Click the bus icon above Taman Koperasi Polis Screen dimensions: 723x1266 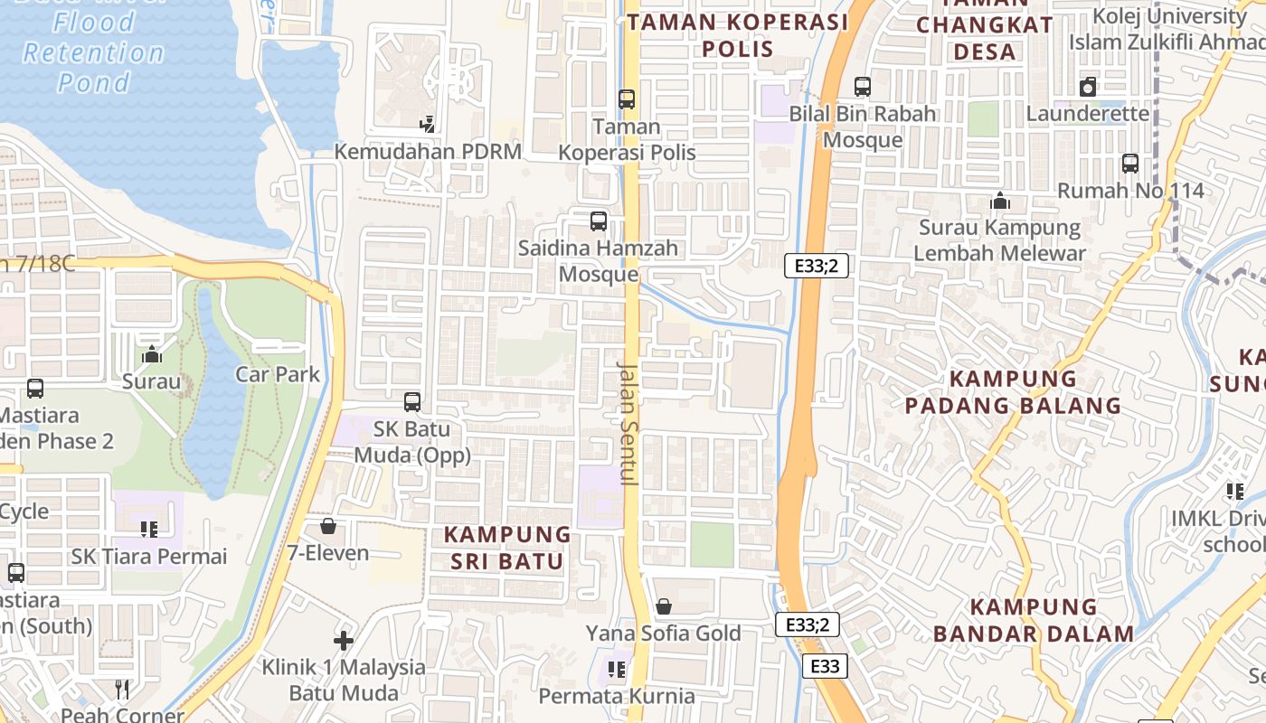[x=627, y=99]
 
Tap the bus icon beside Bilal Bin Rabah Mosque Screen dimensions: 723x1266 [x=863, y=87]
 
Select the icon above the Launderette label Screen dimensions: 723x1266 [x=1088, y=87]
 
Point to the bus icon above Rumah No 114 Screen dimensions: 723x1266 [x=1130, y=164]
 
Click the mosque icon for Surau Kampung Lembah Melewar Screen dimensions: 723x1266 [x=1000, y=201]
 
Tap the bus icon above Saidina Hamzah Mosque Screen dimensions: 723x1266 [x=598, y=221]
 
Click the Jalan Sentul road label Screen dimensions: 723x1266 [x=628, y=424]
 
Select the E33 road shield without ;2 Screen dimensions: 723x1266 [x=825, y=666]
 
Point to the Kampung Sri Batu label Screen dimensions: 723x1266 [x=507, y=548]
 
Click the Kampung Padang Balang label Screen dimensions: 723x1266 [x=1013, y=392]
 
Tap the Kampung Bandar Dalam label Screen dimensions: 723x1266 [x=1033, y=620]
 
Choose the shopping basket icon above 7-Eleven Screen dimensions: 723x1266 [x=328, y=526]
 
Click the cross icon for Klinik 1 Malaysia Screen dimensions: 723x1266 [x=344, y=641]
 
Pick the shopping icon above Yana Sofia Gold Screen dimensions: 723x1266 [x=664, y=606]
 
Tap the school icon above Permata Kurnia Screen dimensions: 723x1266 [x=617, y=670]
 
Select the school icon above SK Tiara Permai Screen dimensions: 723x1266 [x=149, y=529]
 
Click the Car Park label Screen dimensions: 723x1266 [x=278, y=374]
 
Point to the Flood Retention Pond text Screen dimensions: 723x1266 [x=94, y=53]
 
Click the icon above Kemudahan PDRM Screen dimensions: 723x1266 [x=427, y=125]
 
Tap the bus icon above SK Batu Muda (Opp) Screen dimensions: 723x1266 [x=412, y=401]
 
